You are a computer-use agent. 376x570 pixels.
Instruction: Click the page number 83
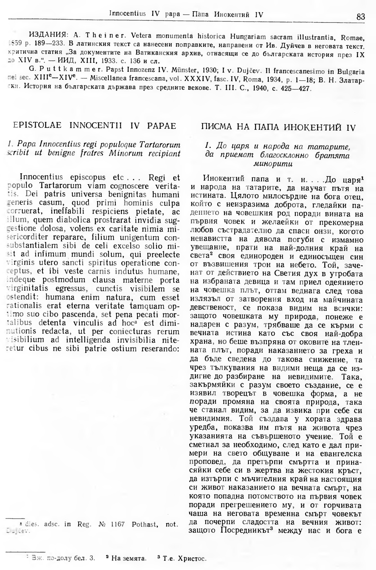tap(361, 16)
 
